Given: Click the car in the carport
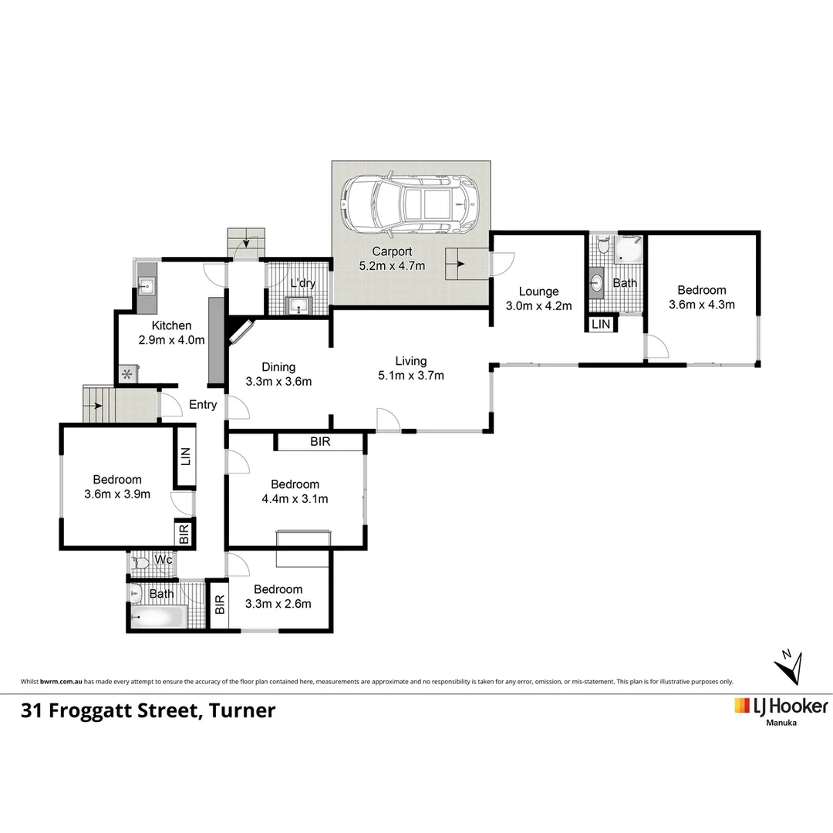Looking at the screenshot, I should click(410, 204).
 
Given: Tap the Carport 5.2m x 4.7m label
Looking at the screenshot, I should click(392, 258).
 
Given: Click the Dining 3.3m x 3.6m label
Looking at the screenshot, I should click(278, 374).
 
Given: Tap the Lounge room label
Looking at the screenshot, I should click(538, 298).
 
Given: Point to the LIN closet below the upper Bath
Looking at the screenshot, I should click(601, 325).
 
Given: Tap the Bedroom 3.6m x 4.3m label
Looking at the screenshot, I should click(701, 297).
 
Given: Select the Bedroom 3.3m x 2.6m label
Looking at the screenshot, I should click(278, 596).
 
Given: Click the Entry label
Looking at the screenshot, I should click(203, 405).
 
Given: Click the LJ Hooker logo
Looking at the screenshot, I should click(781, 707).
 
